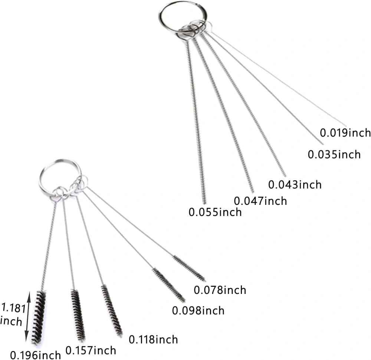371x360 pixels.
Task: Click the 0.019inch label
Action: point(345,133)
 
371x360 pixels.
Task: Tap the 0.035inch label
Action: point(334,154)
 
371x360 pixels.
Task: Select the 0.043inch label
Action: point(295,184)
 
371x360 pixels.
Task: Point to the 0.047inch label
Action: point(260,201)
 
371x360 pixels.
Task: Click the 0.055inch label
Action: point(215,212)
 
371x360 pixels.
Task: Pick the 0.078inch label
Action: point(220,290)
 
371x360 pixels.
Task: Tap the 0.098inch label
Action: point(198,311)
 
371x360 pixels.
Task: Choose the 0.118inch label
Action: point(153,340)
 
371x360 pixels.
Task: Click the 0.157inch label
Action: point(91,350)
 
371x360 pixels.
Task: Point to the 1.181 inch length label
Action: point(12,315)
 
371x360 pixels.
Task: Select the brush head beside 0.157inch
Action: point(78,315)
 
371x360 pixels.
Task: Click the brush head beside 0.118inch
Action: point(112,311)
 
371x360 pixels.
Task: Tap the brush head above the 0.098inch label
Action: point(169,285)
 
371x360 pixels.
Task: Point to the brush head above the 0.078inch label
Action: point(189,268)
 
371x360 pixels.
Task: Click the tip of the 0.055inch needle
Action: point(205,203)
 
